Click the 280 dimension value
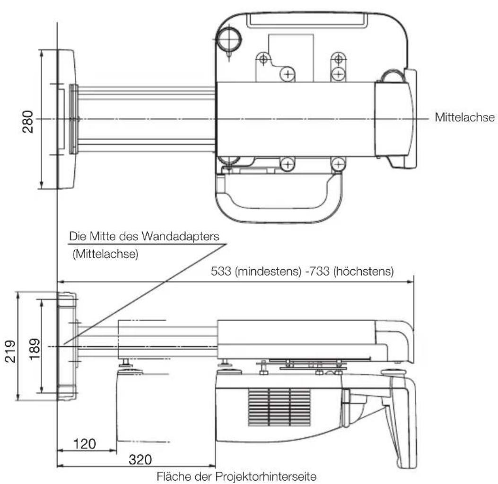tap(28, 122)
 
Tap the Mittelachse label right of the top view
tap(464, 117)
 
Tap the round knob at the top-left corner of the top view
tap(228, 37)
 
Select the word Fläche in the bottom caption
tap(174, 475)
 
